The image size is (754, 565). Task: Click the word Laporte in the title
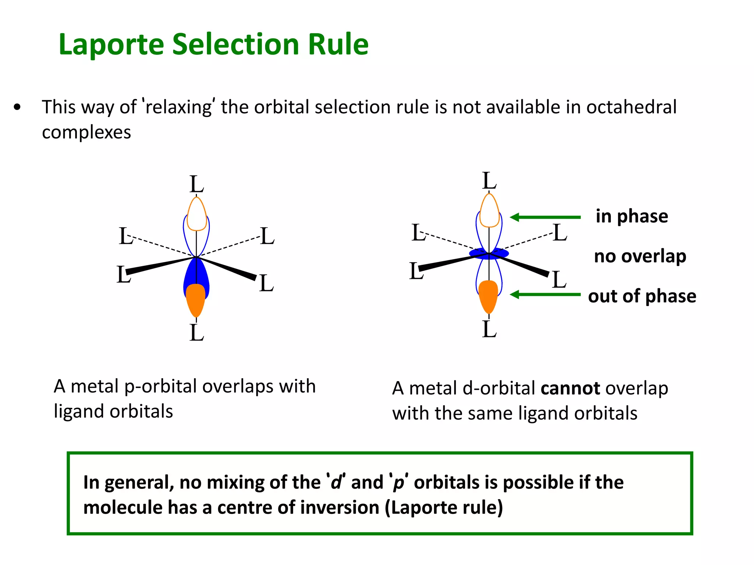[x=111, y=45]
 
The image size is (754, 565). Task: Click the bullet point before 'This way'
[x=17, y=108]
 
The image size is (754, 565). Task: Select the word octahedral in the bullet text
[x=631, y=107]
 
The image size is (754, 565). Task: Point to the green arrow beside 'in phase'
[x=545, y=217]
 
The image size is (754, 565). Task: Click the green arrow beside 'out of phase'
[x=545, y=294]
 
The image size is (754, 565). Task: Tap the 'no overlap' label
[x=640, y=256]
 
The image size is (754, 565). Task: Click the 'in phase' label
[x=632, y=216]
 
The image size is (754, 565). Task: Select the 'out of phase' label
[x=642, y=296]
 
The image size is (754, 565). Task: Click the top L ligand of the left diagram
[x=197, y=184]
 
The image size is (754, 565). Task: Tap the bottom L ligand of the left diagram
[x=197, y=333]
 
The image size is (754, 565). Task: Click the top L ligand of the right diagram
[x=489, y=181]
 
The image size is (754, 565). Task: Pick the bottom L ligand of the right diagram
[x=489, y=329]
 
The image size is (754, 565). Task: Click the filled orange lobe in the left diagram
[x=196, y=298]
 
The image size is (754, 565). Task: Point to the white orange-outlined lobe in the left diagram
[x=197, y=215]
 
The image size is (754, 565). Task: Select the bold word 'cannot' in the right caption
[x=570, y=389]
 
